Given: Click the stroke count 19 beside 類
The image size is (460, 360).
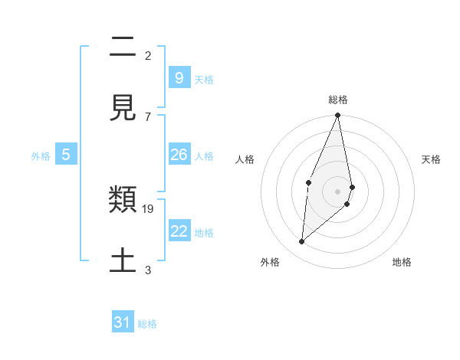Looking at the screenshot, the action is click(149, 208).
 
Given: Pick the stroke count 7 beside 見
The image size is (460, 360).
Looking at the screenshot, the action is click(148, 116).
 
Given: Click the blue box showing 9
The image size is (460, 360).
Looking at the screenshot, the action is click(179, 77).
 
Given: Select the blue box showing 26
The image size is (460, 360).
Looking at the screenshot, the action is click(179, 155).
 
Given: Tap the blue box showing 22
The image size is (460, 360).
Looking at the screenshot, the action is click(179, 231).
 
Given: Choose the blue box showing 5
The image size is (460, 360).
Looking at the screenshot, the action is click(66, 155).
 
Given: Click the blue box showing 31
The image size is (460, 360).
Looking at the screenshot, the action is click(123, 322).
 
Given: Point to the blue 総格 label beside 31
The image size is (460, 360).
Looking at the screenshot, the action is click(147, 324).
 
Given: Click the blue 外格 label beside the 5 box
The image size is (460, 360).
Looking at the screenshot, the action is click(41, 156).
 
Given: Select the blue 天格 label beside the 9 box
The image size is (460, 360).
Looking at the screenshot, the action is click(204, 80).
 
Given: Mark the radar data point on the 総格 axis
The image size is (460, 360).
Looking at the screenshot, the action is click(337, 116).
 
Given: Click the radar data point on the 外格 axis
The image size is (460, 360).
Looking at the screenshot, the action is click(301, 242).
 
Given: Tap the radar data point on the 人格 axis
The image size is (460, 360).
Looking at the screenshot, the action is click(308, 182).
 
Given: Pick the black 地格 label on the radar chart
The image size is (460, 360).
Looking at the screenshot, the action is click(402, 263).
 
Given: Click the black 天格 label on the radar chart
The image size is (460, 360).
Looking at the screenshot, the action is click(431, 159).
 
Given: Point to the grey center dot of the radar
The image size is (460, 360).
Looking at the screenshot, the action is click(337, 191).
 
